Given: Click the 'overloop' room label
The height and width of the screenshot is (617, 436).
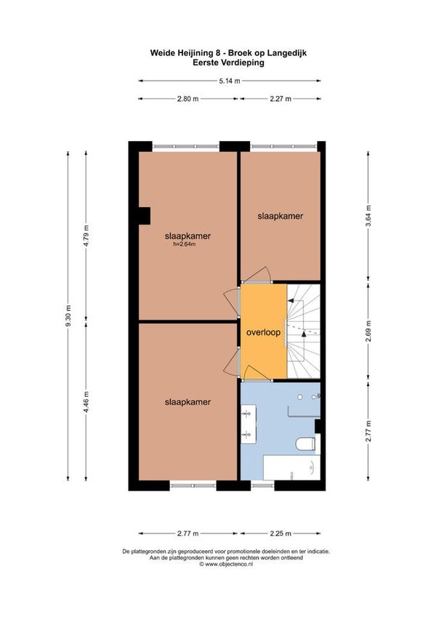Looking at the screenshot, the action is click(x=263, y=333).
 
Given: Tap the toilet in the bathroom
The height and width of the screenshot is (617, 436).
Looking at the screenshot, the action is click(x=306, y=443).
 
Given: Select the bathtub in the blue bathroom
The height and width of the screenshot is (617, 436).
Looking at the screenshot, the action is click(x=291, y=468).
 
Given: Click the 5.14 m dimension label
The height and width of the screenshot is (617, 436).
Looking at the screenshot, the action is click(x=230, y=81).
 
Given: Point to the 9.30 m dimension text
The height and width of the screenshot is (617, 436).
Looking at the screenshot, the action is click(x=68, y=316).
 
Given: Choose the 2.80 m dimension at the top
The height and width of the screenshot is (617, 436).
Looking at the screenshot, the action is click(x=187, y=99).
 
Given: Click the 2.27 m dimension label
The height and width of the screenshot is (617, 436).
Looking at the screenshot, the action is click(x=280, y=99).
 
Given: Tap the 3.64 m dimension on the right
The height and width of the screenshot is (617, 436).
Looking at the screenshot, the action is click(x=368, y=216).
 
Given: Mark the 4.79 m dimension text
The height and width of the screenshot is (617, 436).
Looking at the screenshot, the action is click(x=86, y=235).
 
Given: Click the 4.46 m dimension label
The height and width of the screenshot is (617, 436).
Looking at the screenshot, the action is click(x=86, y=402).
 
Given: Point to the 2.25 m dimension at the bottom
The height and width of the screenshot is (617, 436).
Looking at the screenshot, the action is click(x=280, y=533).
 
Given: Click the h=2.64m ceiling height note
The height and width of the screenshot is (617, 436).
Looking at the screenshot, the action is click(x=185, y=244).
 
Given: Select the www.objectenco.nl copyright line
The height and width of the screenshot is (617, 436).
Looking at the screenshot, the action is click(x=226, y=564).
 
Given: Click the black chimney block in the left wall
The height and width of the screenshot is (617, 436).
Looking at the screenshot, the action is click(x=144, y=216).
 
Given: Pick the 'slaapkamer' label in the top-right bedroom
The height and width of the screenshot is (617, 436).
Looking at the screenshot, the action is click(x=280, y=216).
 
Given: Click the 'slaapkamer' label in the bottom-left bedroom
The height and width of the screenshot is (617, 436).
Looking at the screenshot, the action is click(x=187, y=402).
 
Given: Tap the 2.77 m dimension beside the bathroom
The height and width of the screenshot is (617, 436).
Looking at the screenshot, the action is click(x=368, y=431).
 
